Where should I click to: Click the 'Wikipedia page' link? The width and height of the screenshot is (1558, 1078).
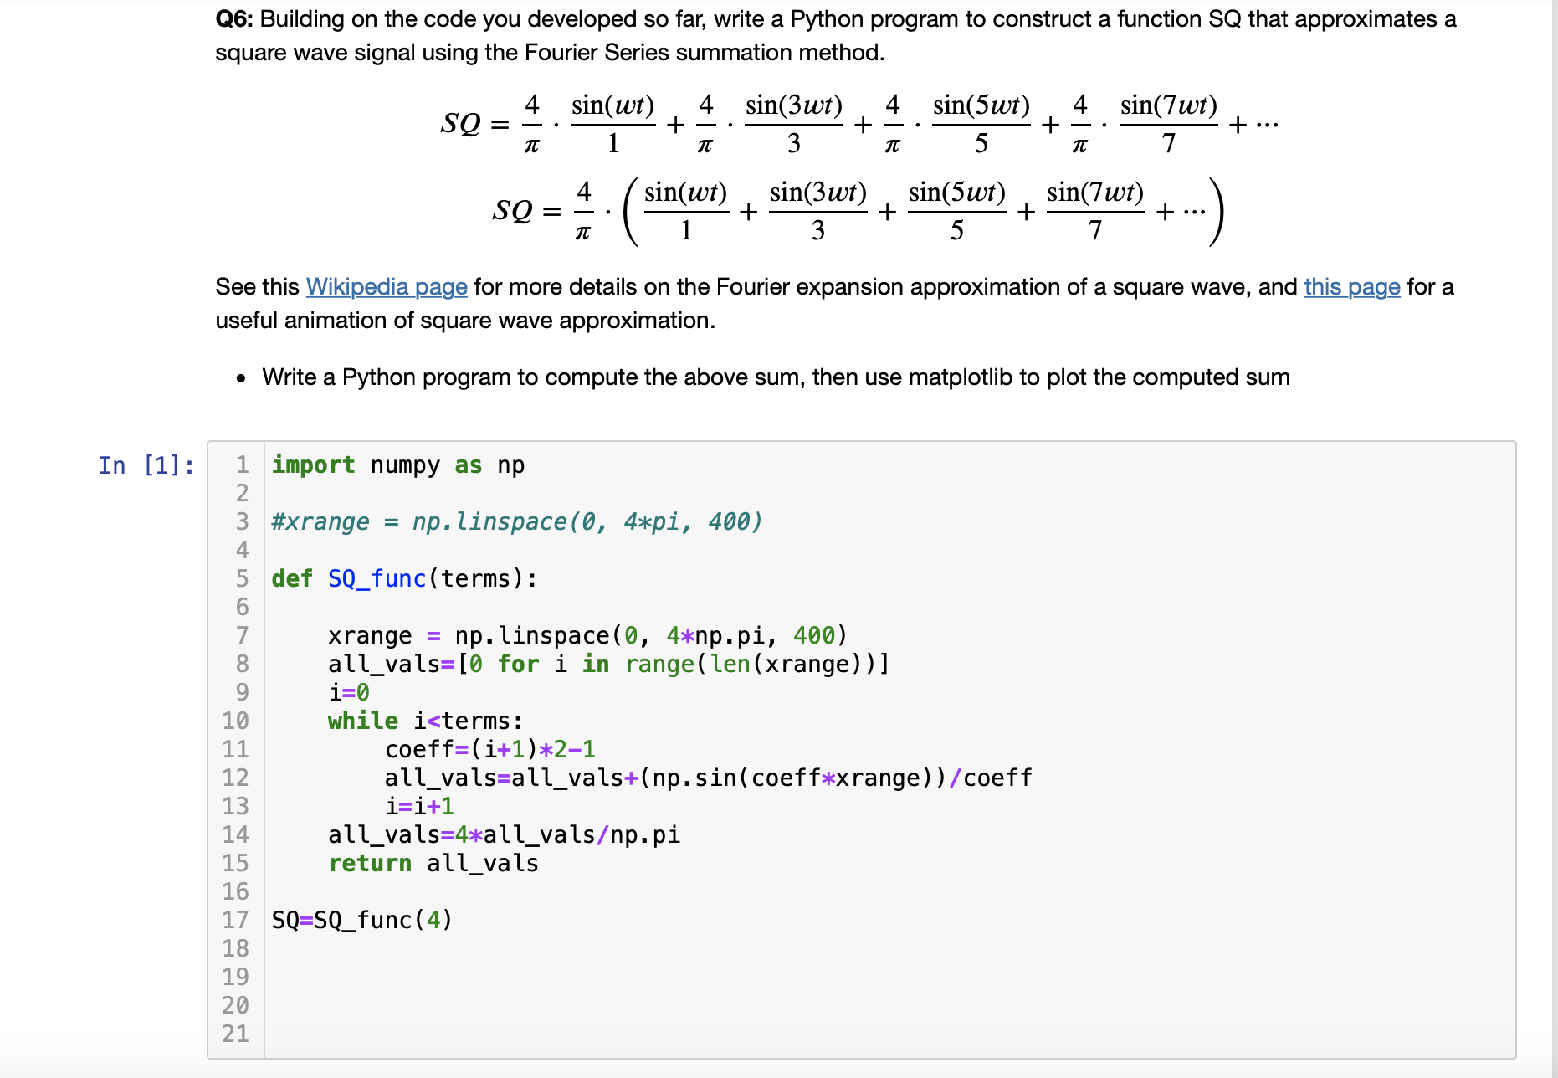(386, 287)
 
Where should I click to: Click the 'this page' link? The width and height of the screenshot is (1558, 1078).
(1351, 287)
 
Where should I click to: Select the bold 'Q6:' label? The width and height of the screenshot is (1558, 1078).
(234, 19)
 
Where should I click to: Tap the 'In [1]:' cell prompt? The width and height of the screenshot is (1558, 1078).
(146, 465)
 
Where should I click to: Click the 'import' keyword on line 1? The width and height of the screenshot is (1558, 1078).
(313, 465)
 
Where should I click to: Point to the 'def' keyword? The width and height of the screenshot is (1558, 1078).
(292, 579)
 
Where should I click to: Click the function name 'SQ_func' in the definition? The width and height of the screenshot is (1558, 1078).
(377, 579)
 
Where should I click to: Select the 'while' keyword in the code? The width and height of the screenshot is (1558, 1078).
(362, 721)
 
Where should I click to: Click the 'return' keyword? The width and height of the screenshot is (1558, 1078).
(370, 864)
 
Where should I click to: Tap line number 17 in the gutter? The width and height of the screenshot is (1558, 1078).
(235, 921)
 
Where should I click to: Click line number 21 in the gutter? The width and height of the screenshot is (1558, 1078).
(235, 1034)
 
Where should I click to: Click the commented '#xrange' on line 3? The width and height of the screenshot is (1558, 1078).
(320, 522)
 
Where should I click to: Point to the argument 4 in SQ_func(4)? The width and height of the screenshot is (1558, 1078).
(433, 921)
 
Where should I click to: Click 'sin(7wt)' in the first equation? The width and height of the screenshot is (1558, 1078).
(1168, 105)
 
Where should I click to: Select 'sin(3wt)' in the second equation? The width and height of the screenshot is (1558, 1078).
(817, 192)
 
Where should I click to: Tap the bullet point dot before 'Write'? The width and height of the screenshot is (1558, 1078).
(241, 379)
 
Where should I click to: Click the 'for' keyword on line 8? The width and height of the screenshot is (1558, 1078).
(518, 665)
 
